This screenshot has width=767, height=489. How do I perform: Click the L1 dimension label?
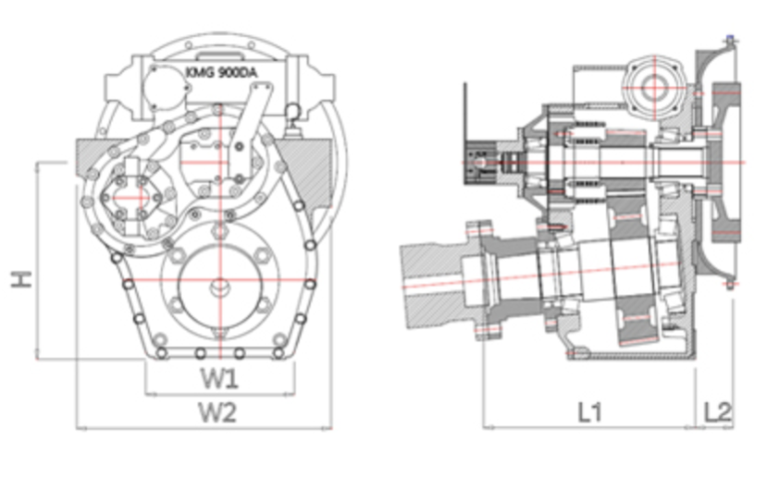(x=589, y=410)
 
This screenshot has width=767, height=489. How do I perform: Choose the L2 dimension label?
(x=717, y=410)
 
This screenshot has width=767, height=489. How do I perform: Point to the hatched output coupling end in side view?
(x=429, y=285)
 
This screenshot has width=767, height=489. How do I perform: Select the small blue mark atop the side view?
(x=732, y=39)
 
